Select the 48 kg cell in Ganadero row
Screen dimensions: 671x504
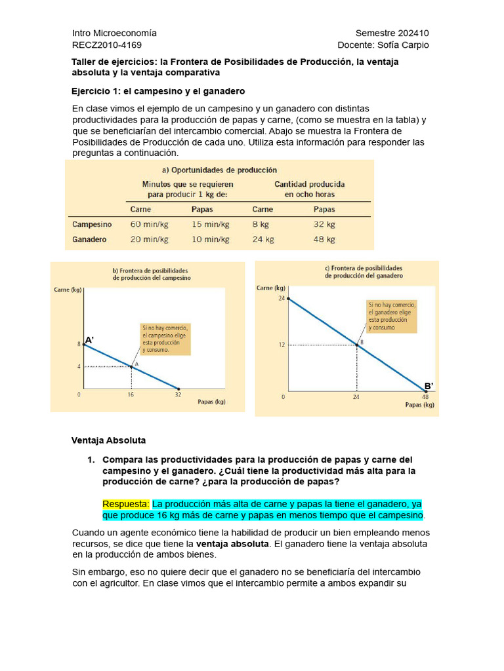[x=324, y=239]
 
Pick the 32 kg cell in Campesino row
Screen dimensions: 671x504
[x=324, y=224]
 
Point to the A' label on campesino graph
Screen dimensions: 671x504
[x=90, y=339]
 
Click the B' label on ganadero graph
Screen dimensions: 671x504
[x=429, y=386]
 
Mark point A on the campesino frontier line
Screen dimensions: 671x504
[x=131, y=366]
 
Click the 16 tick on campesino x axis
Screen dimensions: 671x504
[x=131, y=395]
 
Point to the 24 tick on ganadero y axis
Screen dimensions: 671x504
[x=282, y=298]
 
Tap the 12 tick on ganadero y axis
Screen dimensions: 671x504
[x=282, y=345]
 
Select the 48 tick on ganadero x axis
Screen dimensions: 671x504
[x=425, y=397]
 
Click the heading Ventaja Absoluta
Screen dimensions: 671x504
[x=108, y=440]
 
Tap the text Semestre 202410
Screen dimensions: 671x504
[x=392, y=33]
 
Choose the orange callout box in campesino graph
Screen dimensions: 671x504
[x=165, y=339]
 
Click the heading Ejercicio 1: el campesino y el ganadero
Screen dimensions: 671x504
[x=157, y=91]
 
